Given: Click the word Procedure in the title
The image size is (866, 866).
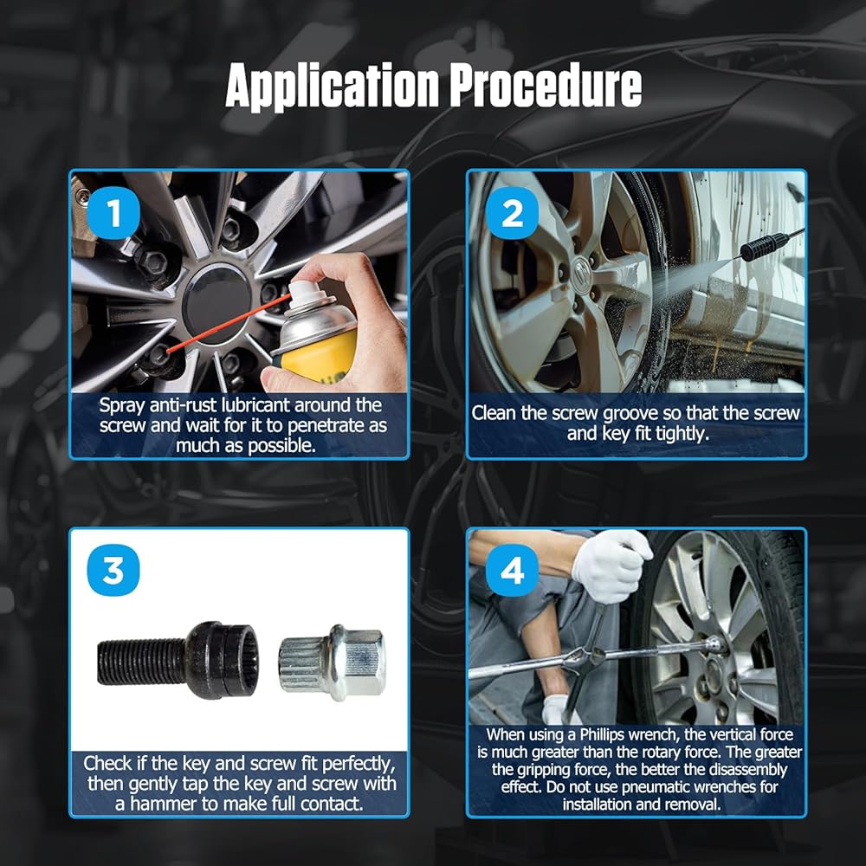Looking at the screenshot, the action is pos(545,85).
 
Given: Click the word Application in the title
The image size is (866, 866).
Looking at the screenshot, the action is pos(333,87).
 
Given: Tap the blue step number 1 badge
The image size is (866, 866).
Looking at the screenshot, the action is pos(113,213).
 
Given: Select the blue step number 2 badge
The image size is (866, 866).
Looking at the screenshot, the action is pos(512,213).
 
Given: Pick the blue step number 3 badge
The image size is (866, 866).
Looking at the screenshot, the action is pos(113,570).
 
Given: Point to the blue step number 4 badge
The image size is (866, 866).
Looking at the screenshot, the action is pos(512,570).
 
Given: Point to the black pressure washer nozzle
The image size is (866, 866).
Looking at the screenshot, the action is pos(765,246).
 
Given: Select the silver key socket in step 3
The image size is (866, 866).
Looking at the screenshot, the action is pos(332,662).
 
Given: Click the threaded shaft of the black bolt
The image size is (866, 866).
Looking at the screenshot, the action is pos(141,661).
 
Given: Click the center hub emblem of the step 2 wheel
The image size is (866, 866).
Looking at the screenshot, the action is pos(582,272).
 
